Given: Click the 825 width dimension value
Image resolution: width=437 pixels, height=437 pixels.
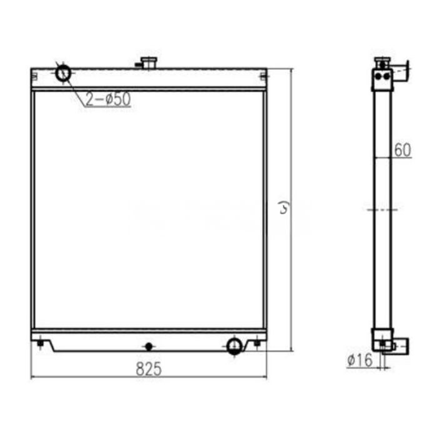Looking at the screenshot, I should pos(149,369).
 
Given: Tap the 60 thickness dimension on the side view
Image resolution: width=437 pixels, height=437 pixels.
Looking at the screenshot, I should pos(403,150).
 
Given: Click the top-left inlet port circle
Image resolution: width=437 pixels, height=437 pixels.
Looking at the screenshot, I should pos(64,73).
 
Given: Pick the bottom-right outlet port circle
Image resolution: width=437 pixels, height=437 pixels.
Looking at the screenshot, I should pos(235,345).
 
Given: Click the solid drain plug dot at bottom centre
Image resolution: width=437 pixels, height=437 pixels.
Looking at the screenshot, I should pos(148,346).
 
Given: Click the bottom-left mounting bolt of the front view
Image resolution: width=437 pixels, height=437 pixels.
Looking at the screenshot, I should pos(41,343).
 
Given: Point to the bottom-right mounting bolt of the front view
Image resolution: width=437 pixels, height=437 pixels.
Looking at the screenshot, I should pos(257,343).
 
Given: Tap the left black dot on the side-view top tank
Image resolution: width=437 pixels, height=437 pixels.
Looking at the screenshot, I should pos(379,76).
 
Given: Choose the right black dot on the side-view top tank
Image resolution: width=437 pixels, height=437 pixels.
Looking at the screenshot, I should pos(386,76).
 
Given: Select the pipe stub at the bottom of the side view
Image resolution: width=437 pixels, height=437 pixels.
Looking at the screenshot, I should pos(400,344).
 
